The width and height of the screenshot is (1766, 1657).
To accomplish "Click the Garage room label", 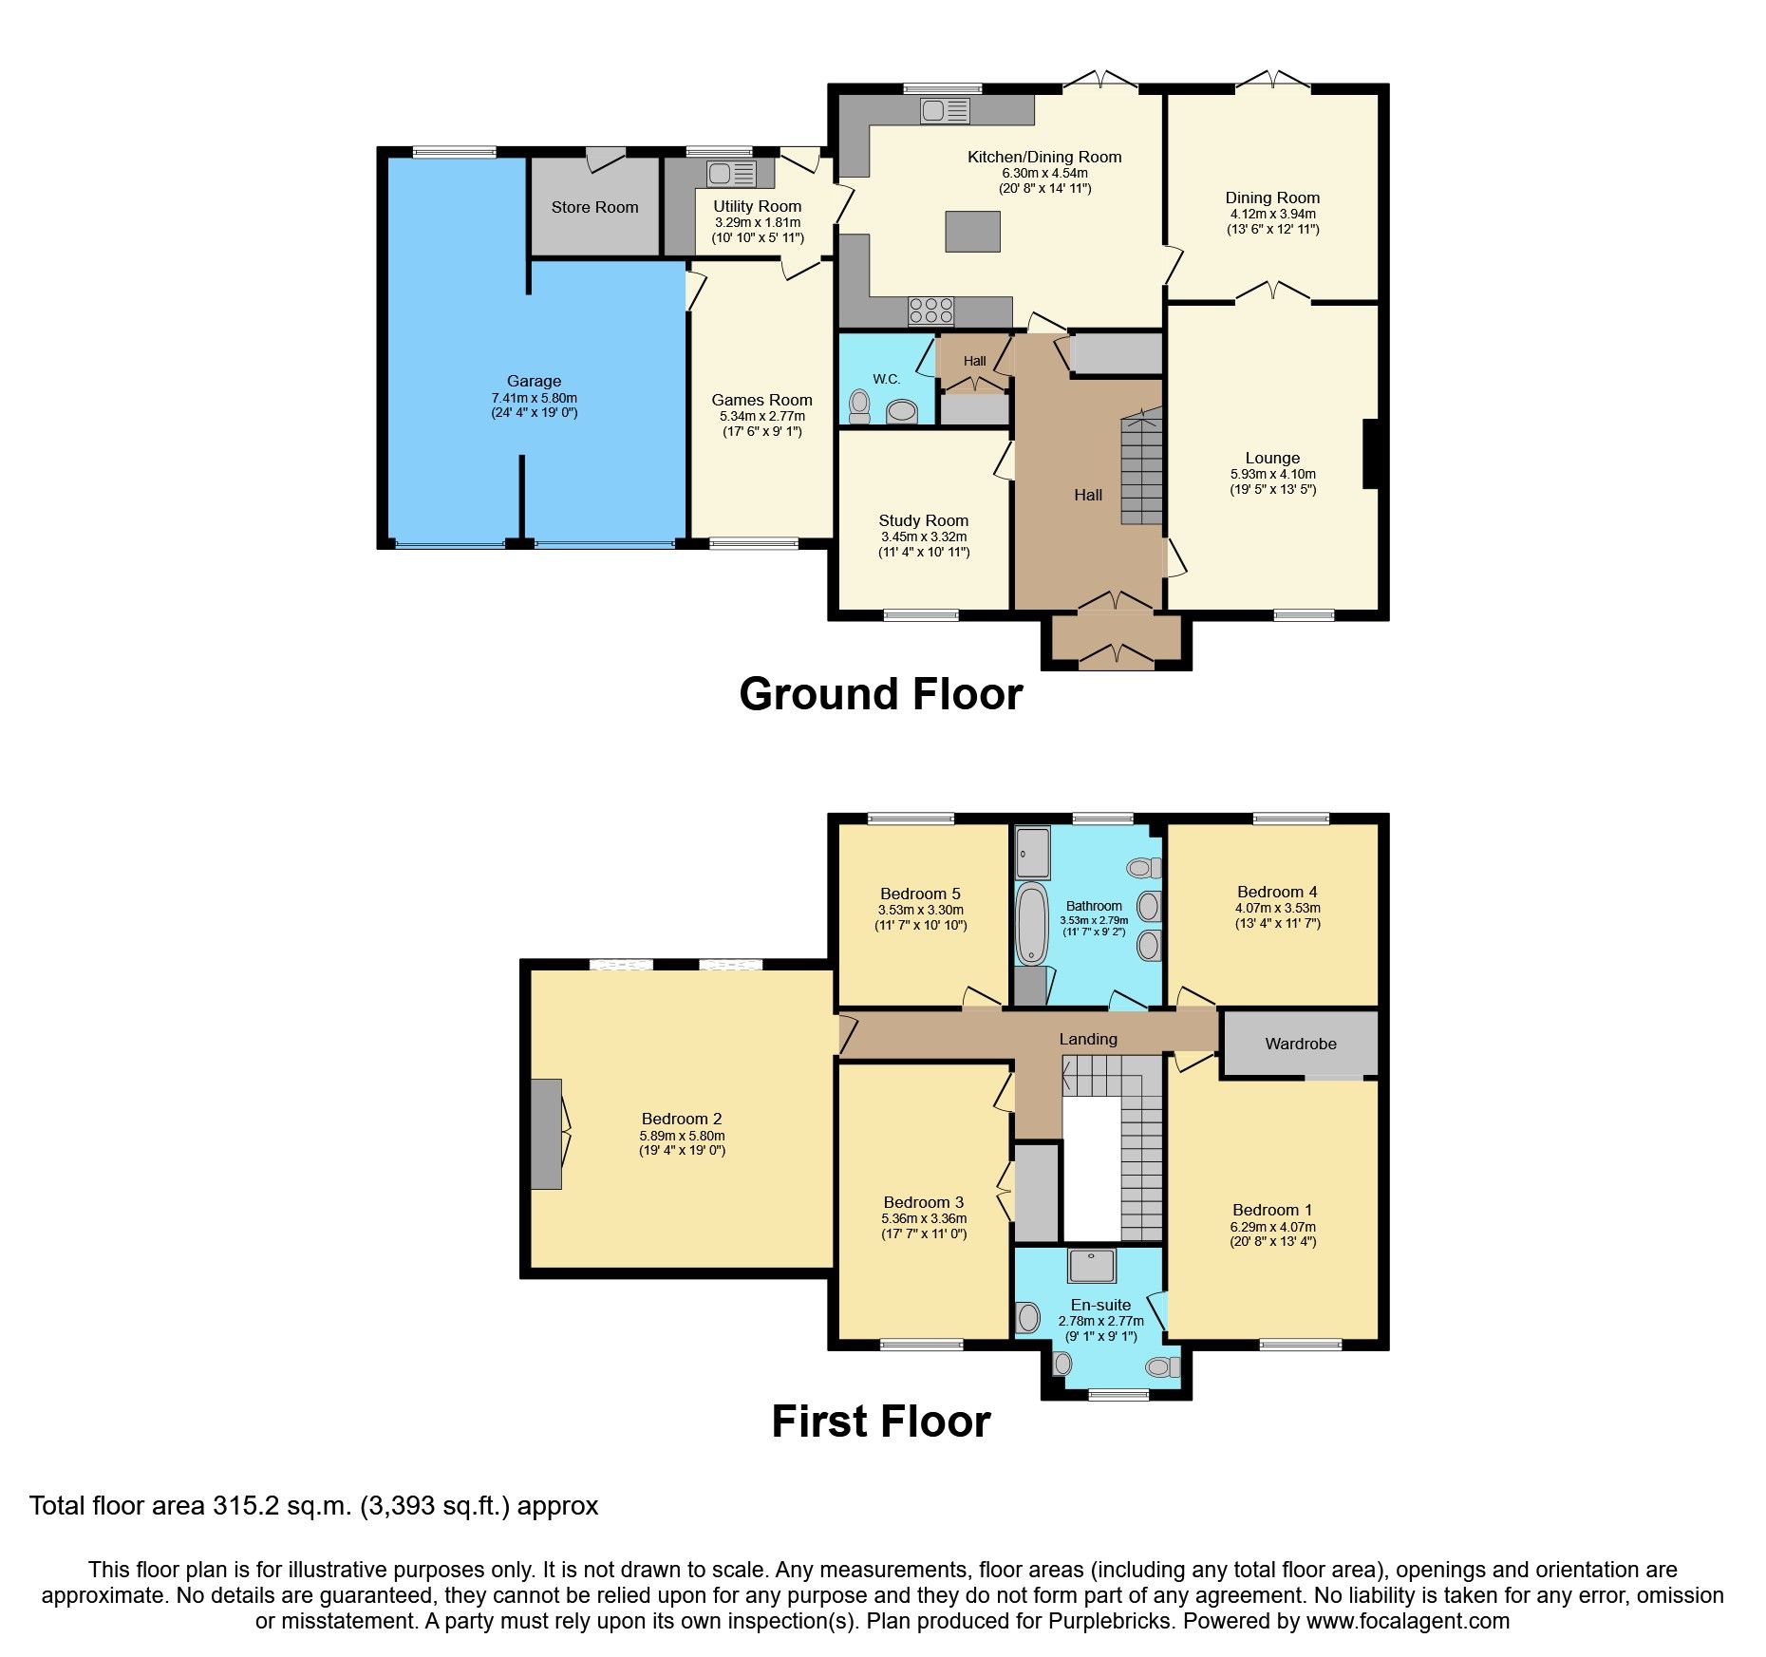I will click(534, 381).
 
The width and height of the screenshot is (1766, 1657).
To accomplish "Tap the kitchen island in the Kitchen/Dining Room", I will click(972, 232).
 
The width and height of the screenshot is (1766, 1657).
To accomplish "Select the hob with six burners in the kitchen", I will click(930, 311).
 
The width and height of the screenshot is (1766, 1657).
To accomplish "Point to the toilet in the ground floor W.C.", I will click(860, 406).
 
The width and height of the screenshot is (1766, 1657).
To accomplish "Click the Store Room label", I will click(594, 207).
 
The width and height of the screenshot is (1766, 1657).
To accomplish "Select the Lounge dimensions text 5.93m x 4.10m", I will click(1272, 474).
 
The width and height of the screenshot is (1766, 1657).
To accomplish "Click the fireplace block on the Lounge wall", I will click(1370, 454).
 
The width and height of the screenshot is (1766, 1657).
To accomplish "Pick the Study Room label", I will click(923, 520).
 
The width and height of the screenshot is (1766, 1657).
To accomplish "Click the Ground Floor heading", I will click(880, 694).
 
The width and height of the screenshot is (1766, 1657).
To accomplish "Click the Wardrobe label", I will click(1300, 1044).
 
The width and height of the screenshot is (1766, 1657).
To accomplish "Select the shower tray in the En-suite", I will click(1092, 1266).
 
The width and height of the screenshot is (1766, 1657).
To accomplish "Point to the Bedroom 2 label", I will click(681, 1119).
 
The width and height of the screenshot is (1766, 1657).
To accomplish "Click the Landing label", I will click(1088, 1039).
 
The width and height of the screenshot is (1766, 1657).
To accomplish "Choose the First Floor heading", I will click(880, 1422).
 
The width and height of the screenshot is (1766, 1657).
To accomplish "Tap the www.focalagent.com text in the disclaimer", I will click(1407, 1621).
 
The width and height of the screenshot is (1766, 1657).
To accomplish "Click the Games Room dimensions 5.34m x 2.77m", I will click(761, 416).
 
